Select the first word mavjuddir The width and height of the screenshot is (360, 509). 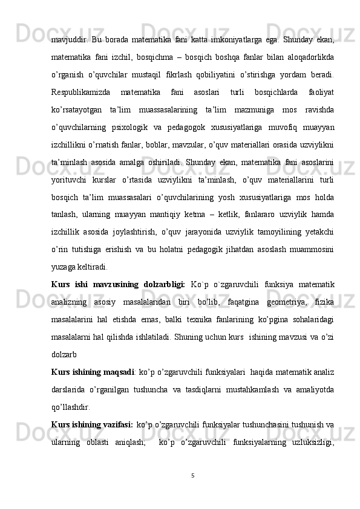(x=68, y=30)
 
